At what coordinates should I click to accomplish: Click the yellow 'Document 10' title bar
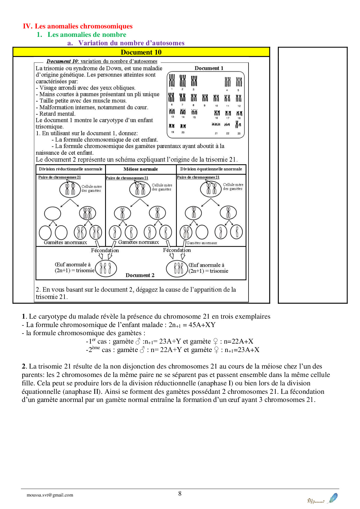[x=141, y=52]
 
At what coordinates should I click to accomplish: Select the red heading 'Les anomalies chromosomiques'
[x=84, y=26]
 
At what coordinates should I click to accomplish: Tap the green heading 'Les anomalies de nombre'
[x=87, y=35]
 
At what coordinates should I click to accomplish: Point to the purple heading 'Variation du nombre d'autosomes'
[x=131, y=43]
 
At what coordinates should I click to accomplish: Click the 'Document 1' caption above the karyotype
[x=209, y=68]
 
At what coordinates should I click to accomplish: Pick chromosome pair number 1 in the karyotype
[x=172, y=81]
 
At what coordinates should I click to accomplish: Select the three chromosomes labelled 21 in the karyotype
[x=216, y=124]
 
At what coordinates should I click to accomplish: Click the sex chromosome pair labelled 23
[x=238, y=125]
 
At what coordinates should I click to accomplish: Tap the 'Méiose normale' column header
[x=141, y=169]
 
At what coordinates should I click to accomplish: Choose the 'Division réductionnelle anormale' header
[x=71, y=169]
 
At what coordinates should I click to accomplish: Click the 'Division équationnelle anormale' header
[x=211, y=169]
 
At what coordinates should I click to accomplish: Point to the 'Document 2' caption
[x=140, y=275]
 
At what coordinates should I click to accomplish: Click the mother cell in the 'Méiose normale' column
[x=140, y=189]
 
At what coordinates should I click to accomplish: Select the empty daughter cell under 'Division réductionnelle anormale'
[x=53, y=214]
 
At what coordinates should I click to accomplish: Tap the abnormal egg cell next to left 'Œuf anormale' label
[x=106, y=268]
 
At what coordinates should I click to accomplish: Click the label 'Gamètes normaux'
[x=138, y=242]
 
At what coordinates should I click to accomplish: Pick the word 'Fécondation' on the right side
[x=177, y=250]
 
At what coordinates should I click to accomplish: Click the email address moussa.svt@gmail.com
[x=50, y=495]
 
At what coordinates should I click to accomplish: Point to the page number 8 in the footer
[x=180, y=494]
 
